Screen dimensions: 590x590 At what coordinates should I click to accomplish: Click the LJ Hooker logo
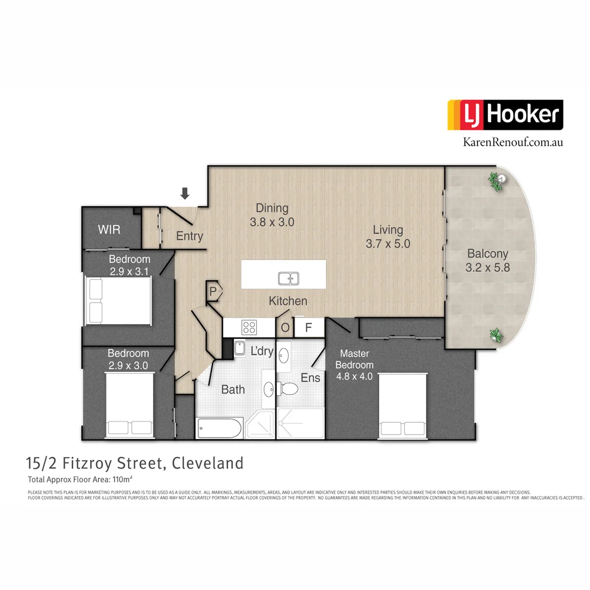[x=505, y=115]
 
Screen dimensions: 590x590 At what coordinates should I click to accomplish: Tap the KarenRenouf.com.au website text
[x=512, y=141]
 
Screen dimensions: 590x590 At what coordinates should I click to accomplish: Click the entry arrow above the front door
[x=185, y=193]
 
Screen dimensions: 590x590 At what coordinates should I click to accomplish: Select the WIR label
[x=109, y=229]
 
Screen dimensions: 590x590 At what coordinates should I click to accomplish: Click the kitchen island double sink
[x=288, y=279]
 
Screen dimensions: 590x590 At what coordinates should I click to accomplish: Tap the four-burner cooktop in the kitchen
[x=250, y=327]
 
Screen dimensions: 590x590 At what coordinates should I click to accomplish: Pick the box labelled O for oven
[x=285, y=328]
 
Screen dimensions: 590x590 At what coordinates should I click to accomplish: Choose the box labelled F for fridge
[x=308, y=328]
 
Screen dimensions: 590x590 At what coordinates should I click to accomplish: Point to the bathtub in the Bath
[x=219, y=428]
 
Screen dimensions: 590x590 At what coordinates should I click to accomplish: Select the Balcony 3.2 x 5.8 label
[x=487, y=261]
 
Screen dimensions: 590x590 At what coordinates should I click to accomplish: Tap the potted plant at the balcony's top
[x=497, y=181]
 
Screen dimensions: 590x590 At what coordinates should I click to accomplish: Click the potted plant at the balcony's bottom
[x=496, y=335]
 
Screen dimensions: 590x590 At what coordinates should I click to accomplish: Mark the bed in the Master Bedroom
[x=403, y=406]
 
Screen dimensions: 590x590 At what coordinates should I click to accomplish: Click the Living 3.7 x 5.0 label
[x=388, y=237]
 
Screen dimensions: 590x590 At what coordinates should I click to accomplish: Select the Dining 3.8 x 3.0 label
[x=272, y=215]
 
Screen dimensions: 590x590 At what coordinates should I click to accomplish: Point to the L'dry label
[x=262, y=351]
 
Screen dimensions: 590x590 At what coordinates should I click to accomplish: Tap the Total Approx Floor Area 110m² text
[x=80, y=480]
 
